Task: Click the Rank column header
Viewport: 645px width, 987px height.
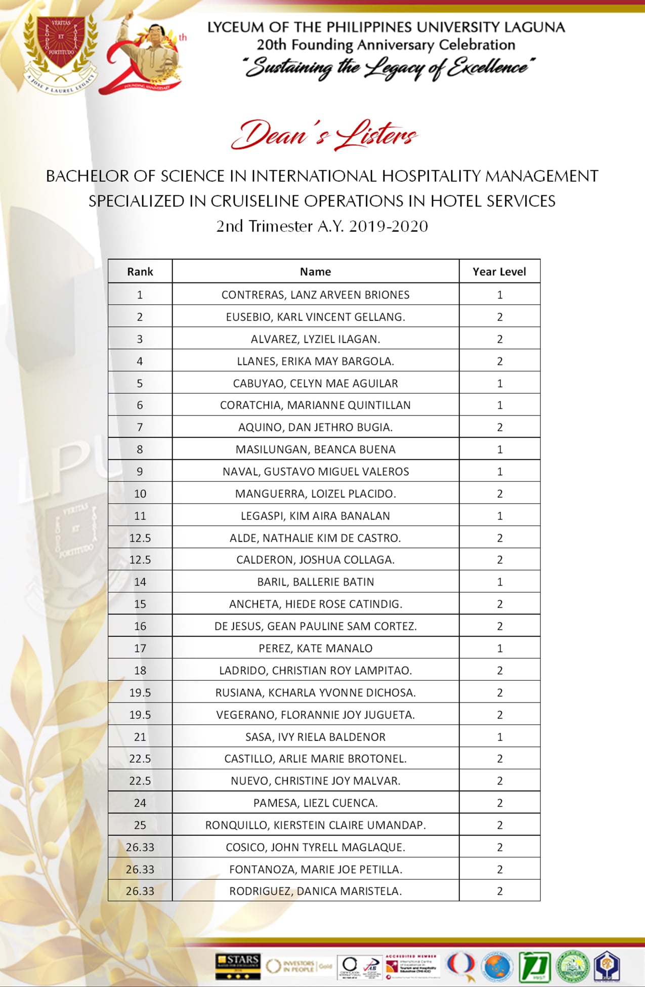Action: [140, 272]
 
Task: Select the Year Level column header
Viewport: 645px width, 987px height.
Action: [499, 272]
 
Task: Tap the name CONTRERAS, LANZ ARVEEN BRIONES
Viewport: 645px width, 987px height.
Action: [315, 295]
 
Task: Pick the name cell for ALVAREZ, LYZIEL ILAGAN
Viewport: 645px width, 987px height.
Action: [315, 339]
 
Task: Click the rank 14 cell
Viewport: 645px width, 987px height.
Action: [140, 582]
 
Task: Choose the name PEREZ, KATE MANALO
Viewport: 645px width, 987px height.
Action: [315, 648]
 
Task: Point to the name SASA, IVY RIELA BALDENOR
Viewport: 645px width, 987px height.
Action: [315, 737]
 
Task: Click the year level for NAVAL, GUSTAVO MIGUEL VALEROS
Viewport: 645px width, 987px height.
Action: [499, 472]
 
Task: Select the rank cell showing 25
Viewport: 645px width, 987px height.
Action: [140, 825]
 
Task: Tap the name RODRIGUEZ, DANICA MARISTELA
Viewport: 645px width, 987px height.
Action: [315, 891]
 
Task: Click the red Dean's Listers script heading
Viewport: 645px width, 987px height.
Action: [324, 136]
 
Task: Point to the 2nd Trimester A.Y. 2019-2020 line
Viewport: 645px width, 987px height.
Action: [322, 226]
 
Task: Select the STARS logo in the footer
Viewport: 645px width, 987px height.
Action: [237, 966]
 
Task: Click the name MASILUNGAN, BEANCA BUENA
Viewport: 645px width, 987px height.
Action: [315, 449]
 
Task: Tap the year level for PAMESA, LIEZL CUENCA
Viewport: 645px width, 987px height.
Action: [499, 803]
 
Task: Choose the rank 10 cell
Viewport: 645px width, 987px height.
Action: [140, 493]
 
